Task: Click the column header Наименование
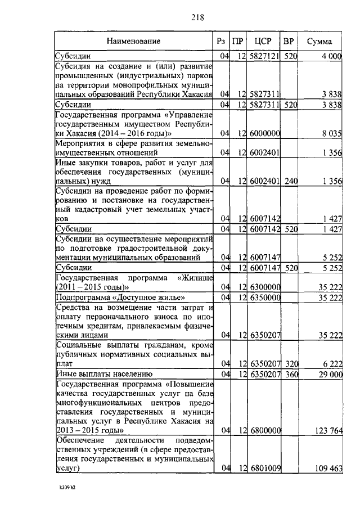(x=133, y=41)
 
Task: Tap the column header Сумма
(x=319, y=41)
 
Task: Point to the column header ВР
(x=289, y=41)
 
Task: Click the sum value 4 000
(x=332, y=56)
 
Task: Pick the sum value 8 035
(x=333, y=133)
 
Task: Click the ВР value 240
(x=290, y=181)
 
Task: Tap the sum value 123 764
(x=328, y=431)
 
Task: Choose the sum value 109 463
(x=328, y=468)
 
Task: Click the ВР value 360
(x=290, y=373)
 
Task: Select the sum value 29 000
(x=331, y=373)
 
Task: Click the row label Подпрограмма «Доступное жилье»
(x=120, y=297)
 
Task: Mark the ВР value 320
(x=290, y=363)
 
